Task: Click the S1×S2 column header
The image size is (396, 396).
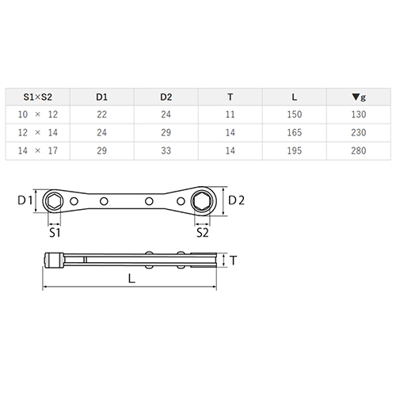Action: pyautogui.click(x=38, y=97)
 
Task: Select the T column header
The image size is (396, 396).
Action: pyautogui.click(x=230, y=97)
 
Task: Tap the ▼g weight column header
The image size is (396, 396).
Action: pyautogui.click(x=359, y=97)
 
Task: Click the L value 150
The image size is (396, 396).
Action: pyautogui.click(x=295, y=115)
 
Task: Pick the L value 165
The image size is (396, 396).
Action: pyautogui.click(x=295, y=132)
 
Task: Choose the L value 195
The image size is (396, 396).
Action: pyautogui.click(x=295, y=150)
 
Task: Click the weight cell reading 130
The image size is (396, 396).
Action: pyautogui.click(x=359, y=115)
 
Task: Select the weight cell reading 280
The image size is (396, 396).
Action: pyautogui.click(x=359, y=150)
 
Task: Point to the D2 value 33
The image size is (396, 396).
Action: pyautogui.click(x=166, y=150)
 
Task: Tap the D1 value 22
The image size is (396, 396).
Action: pyautogui.click(x=101, y=115)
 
